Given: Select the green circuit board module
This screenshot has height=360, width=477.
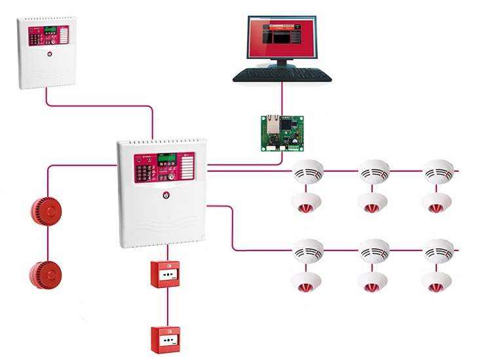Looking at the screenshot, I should tap(282, 130).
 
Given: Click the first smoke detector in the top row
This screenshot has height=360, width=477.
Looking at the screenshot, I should tap(307, 172).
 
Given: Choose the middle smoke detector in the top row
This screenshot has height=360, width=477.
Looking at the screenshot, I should tap(373, 172).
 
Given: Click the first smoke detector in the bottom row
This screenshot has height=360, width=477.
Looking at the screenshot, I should tap(307, 251).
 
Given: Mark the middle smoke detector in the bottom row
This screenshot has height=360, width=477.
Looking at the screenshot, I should tap(373, 251).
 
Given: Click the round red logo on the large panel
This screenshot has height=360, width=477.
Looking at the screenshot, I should tap(166, 194).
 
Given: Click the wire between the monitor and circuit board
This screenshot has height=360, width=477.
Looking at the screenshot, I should tap(282, 98).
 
